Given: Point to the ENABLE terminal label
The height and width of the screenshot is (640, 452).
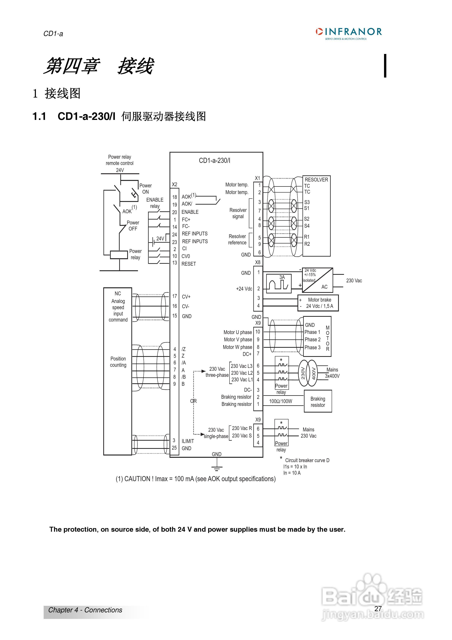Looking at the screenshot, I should click(190, 212).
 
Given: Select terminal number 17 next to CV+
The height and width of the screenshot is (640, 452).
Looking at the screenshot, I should click(175, 296).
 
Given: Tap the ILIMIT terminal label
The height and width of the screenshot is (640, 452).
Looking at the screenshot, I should click(188, 441).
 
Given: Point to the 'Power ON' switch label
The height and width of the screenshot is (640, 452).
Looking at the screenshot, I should click(145, 189).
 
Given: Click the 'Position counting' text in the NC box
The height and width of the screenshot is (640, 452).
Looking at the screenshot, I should click(118, 362).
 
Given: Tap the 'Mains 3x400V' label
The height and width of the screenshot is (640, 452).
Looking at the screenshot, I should click(332, 373).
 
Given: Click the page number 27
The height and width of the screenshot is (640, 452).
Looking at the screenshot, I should click(378, 608).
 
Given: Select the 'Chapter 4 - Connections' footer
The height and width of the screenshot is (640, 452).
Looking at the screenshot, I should click(85, 610).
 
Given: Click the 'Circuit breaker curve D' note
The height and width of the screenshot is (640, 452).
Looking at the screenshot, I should click(307, 460).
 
